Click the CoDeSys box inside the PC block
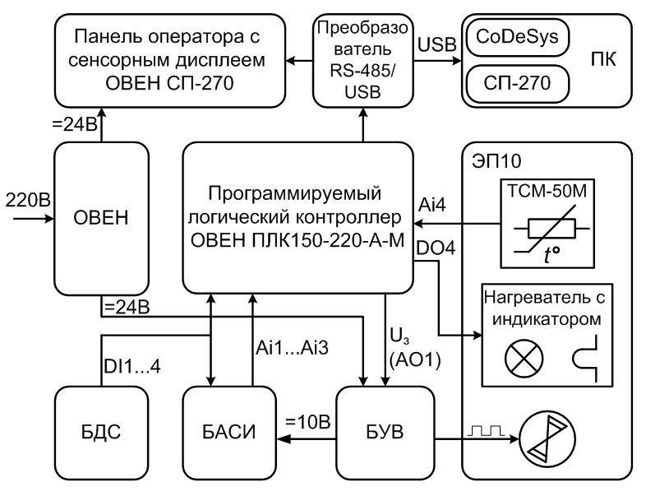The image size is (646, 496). [518, 39]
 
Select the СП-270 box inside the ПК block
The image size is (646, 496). [518, 82]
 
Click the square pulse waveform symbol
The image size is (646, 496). [484, 430]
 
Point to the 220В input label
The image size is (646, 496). [26, 199]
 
